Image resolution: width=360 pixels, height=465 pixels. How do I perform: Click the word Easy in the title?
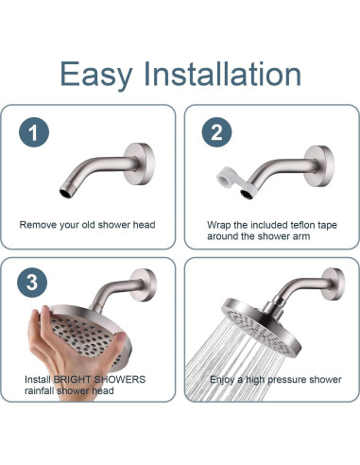click(95, 75)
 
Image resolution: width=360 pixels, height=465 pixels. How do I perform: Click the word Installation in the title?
click(222, 74)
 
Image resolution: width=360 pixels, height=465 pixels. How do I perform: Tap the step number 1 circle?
click(34, 132)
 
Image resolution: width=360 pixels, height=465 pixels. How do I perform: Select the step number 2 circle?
click(216, 132)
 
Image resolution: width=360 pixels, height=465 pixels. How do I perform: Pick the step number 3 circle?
click(32, 283)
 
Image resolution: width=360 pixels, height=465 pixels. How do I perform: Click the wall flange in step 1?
click(140, 164)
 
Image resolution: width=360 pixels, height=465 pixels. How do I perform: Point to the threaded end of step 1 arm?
click(67, 192)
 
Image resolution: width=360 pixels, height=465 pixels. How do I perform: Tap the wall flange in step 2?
click(319, 165)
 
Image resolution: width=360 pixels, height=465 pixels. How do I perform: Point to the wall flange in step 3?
click(144, 284)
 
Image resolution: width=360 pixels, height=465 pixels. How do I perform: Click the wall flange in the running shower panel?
click(334, 284)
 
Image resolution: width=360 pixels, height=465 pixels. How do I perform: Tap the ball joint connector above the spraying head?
click(273, 306)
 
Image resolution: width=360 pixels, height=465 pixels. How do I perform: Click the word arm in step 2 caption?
click(301, 236)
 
